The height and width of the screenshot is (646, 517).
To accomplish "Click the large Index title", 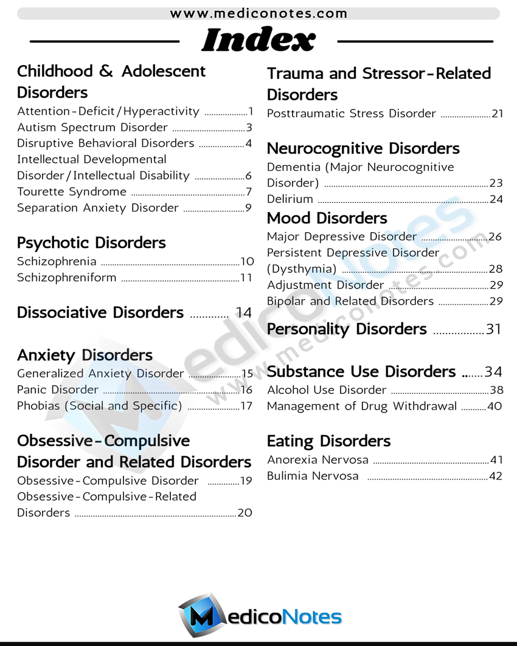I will coord(258,40).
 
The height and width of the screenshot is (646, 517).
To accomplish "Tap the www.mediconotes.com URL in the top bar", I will coord(258,13).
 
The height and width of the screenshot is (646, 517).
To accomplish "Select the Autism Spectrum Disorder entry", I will coord(92,128).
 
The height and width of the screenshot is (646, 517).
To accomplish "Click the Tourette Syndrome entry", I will coord(72,192).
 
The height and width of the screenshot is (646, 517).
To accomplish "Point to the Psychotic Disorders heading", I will coord(91,243).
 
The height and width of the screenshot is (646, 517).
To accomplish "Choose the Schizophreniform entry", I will coord(66,278).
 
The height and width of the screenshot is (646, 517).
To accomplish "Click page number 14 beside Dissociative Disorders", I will coord(243,313).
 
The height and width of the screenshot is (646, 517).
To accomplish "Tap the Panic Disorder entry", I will coord(58,390).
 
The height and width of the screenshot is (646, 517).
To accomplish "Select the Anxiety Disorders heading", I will coord(85,355).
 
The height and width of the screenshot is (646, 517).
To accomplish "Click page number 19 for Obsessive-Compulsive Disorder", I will coord(246,481).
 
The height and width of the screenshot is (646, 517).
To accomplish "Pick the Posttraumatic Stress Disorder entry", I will coord(352,114).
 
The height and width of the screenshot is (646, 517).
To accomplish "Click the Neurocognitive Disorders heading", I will coord(363,149).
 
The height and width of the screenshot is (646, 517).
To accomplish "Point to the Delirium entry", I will coord(290,199).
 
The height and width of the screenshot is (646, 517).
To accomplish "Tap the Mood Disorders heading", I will coord(327,218).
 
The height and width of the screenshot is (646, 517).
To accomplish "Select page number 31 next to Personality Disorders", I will coord(493,329).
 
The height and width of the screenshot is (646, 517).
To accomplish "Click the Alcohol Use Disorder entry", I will coord(327,390).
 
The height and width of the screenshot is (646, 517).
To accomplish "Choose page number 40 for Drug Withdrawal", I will coord(494,407).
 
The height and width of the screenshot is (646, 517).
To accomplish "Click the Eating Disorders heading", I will coord(328,441).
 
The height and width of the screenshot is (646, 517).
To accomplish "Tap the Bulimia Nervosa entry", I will coord(313,476).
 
